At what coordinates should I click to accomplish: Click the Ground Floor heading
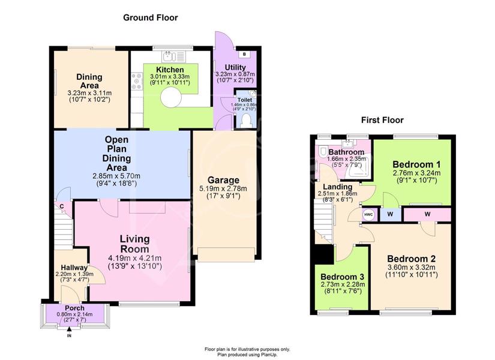point(150,17)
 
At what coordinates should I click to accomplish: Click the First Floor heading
point(382,121)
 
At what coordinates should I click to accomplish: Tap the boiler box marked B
point(244,55)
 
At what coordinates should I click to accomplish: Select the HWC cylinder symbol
point(369,215)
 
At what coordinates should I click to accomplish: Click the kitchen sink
point(173,56)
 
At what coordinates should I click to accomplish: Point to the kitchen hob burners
point(137,81)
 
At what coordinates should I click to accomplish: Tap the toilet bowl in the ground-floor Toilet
point(245,121)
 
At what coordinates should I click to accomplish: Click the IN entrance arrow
point(69,329)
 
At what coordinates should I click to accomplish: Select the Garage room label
point(223,181)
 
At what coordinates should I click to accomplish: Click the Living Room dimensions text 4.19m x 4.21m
point(135,258)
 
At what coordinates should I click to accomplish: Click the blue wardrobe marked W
point(390,214)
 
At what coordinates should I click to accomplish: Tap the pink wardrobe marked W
point(427,214)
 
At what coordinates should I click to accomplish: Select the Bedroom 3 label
point(342,277)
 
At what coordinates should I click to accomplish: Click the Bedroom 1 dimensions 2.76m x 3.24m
point(416,173)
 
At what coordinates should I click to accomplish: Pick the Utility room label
point(235,67)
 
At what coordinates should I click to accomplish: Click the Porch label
point(75,308)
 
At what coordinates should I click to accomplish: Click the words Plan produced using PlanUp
point(247,355)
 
